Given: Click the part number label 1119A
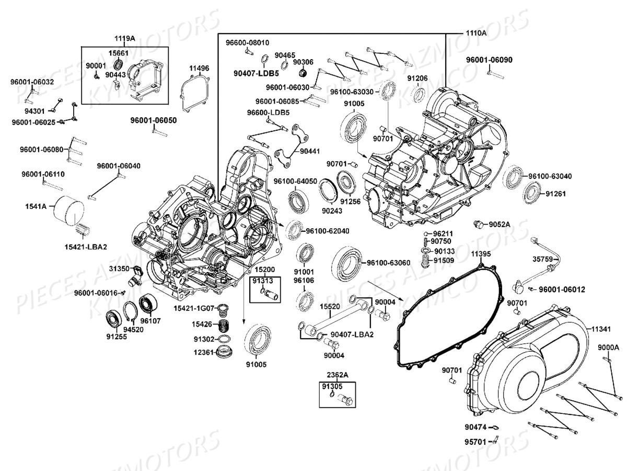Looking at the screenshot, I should pos(125,39).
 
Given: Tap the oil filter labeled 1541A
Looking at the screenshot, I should pos(69,209).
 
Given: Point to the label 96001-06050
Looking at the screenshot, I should pos(154,120).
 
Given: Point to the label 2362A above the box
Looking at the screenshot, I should pos(338,375).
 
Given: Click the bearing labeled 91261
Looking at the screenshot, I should pos(532,193).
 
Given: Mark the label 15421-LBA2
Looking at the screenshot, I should pos(86,246).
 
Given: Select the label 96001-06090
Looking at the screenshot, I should pos(489,60).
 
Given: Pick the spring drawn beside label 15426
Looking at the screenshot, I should pos(224,326).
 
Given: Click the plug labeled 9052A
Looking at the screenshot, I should pos(477,225).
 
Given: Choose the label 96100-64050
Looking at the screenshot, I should pos(296,181).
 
